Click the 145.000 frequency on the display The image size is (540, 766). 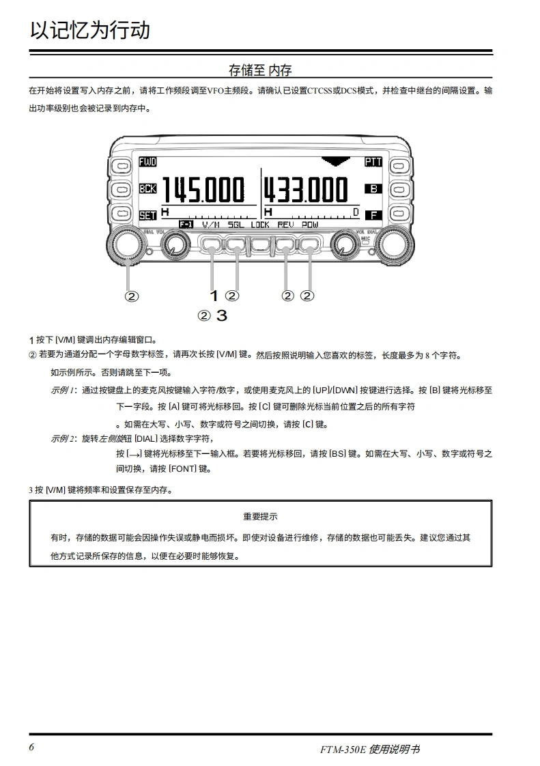coord(202,190)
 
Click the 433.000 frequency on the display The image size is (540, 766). coord(306,190)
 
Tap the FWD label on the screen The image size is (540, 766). coord(147,162)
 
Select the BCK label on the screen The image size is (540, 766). coord(147,188)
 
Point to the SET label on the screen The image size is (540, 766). coord(147,215)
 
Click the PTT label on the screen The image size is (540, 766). coord(373,162)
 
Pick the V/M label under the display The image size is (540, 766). coord(211,224)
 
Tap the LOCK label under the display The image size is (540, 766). coord(260,224)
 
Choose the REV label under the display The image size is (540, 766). coord(285,224)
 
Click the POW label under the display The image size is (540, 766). coord(310,224)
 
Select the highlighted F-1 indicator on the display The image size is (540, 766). coord(186,224)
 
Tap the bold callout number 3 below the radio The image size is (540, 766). coord(221,315)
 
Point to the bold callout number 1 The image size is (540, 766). coord(214,296)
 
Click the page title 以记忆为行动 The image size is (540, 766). coord(89,31)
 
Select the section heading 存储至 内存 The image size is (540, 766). coord(260,70)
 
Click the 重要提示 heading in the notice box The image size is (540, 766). coord(260,517)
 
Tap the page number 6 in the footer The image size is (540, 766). coord(32,746)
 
